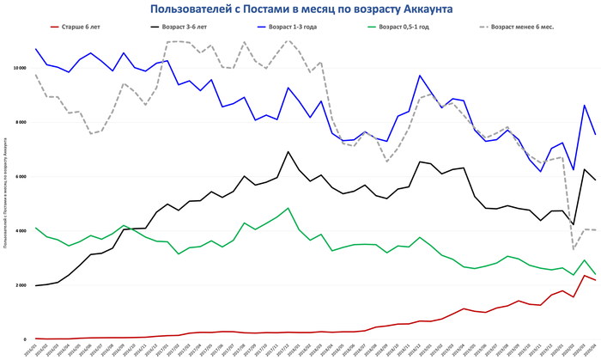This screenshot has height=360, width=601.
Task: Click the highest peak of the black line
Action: click(x=288, y=152)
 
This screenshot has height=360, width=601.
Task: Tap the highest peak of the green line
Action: click(x=288, y=208)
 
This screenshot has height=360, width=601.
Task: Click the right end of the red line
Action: click(x=594, y=280)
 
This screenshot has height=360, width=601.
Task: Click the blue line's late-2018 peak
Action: click(x=421, y=76)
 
